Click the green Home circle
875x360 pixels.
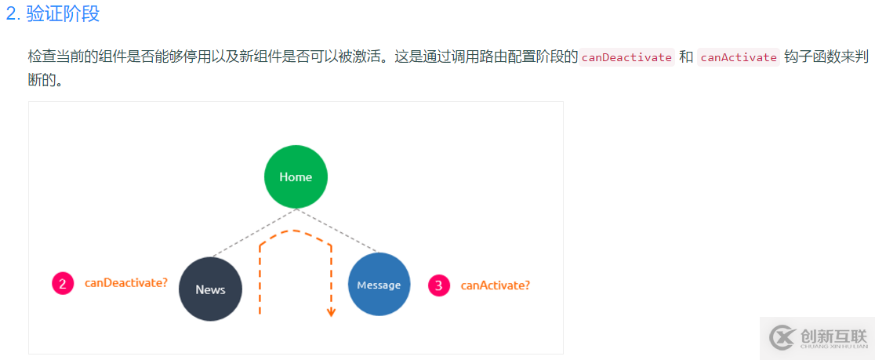click(x=296, y=176)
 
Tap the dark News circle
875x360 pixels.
click(x=210, y=289)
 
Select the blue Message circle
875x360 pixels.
click(x=379, y=285)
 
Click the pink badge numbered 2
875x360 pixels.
click(x=63, y=283)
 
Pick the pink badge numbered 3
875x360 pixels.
click(x=439, y=285)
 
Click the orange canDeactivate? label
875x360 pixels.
click(x=126, y=282)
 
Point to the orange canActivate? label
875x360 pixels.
click(x=495, y=285)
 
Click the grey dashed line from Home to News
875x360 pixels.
click(x=252, y=233)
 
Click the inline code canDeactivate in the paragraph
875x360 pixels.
click(x=626, y=57)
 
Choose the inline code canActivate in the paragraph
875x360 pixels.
click(x=738, y=57)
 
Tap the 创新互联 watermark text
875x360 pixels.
click(x=834, y=335)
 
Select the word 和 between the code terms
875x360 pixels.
click(x=686, y=57)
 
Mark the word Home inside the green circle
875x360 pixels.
click(x=296, y=176)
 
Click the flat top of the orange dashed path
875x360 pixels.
click(x=295, y=231)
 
